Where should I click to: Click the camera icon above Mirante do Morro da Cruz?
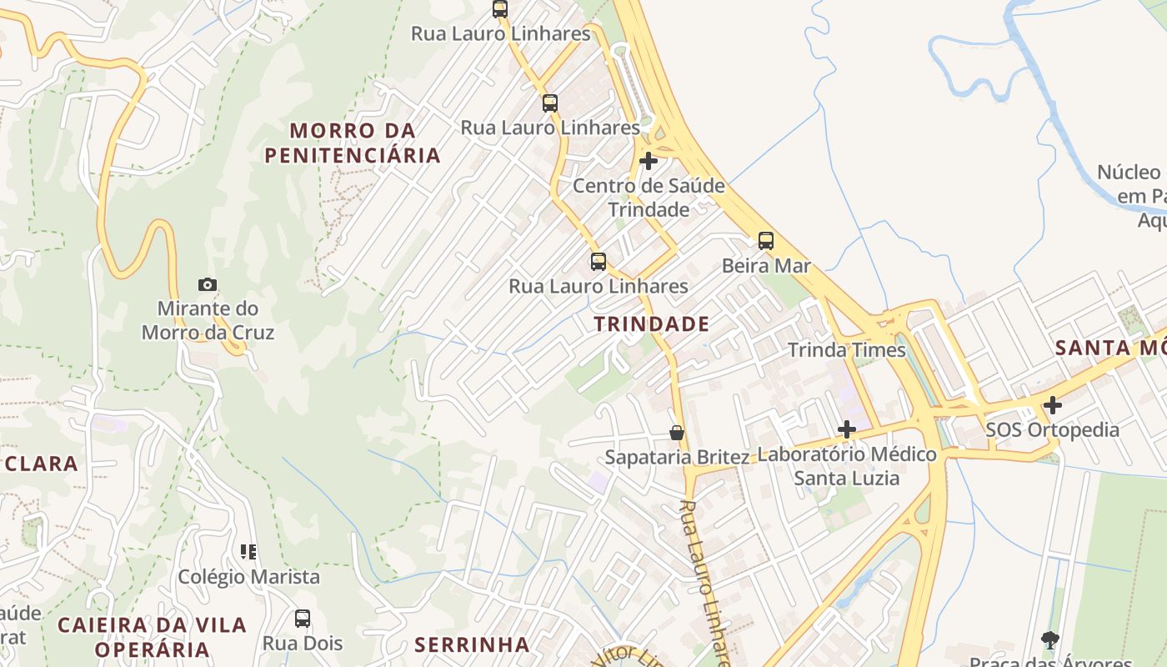point(208,284)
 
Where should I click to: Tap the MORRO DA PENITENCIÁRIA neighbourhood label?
point(352,143)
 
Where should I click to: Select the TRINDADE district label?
point(652,324)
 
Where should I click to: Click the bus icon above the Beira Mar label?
point(765,241)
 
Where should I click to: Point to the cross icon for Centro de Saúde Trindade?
point(649,161)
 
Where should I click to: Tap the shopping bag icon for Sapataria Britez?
point(677,433)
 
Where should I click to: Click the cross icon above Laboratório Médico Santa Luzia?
point(847,429)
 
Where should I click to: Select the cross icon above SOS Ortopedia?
point(1053,405)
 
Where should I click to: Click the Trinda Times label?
point(847,350)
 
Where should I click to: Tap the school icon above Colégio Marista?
point(248,551)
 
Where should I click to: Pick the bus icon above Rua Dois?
point(303,619)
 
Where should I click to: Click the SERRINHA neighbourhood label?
point(472,644)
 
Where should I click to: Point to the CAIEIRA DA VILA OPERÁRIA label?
point(152,636)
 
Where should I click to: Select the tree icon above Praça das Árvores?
point(1050,640)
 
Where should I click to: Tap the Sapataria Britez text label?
point(677,457)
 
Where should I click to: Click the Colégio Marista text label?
point(248,577)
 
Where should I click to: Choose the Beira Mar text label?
point(766,266)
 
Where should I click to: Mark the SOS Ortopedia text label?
point(1052,430)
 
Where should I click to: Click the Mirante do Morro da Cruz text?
point(208,321)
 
